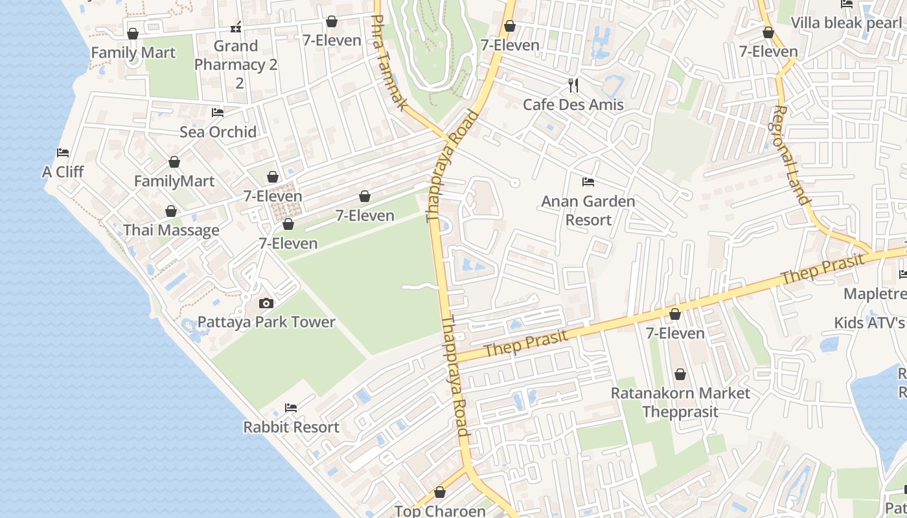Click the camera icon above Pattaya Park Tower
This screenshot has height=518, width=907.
266,303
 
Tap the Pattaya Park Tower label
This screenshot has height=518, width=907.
266,322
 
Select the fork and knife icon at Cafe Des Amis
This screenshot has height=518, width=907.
573,85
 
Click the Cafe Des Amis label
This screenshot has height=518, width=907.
573,104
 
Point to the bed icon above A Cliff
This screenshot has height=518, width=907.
63,153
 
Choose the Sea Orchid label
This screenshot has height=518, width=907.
218,131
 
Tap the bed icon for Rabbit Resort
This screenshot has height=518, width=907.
291,408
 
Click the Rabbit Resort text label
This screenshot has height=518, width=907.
291,427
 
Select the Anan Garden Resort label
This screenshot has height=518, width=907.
588,210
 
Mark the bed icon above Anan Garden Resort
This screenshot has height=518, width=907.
588,182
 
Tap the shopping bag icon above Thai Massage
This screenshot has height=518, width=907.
171,211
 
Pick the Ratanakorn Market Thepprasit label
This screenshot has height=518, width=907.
680,402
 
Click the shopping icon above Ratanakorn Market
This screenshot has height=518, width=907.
680,374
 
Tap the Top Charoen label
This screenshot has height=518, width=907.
440,511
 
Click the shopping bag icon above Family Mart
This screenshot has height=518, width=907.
133,34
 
